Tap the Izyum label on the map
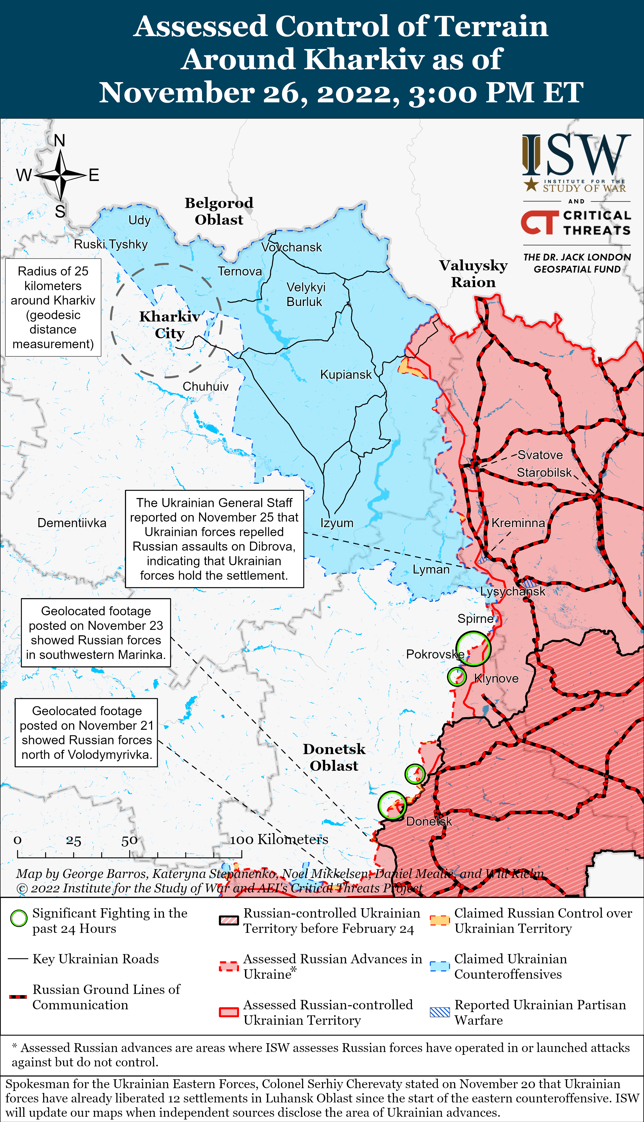[x=337, y=523]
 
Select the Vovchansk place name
[x=291, y=247]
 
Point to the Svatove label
[x=540, y=455]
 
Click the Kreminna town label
[x=518, y=523]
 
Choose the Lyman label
[x=431, y=569]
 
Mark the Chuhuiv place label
[x=206, y=387]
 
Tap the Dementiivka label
[x=72, y=523]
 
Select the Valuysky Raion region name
[x=473, y=273]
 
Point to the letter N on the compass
[x=59, y=141]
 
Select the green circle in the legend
[x=19, y=919]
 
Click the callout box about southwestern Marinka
[x=96, y=633]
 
